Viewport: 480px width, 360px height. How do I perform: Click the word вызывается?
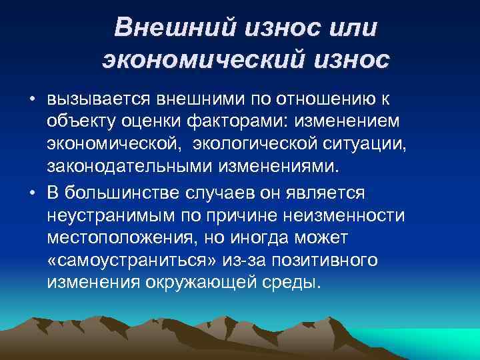click(99, 99)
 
